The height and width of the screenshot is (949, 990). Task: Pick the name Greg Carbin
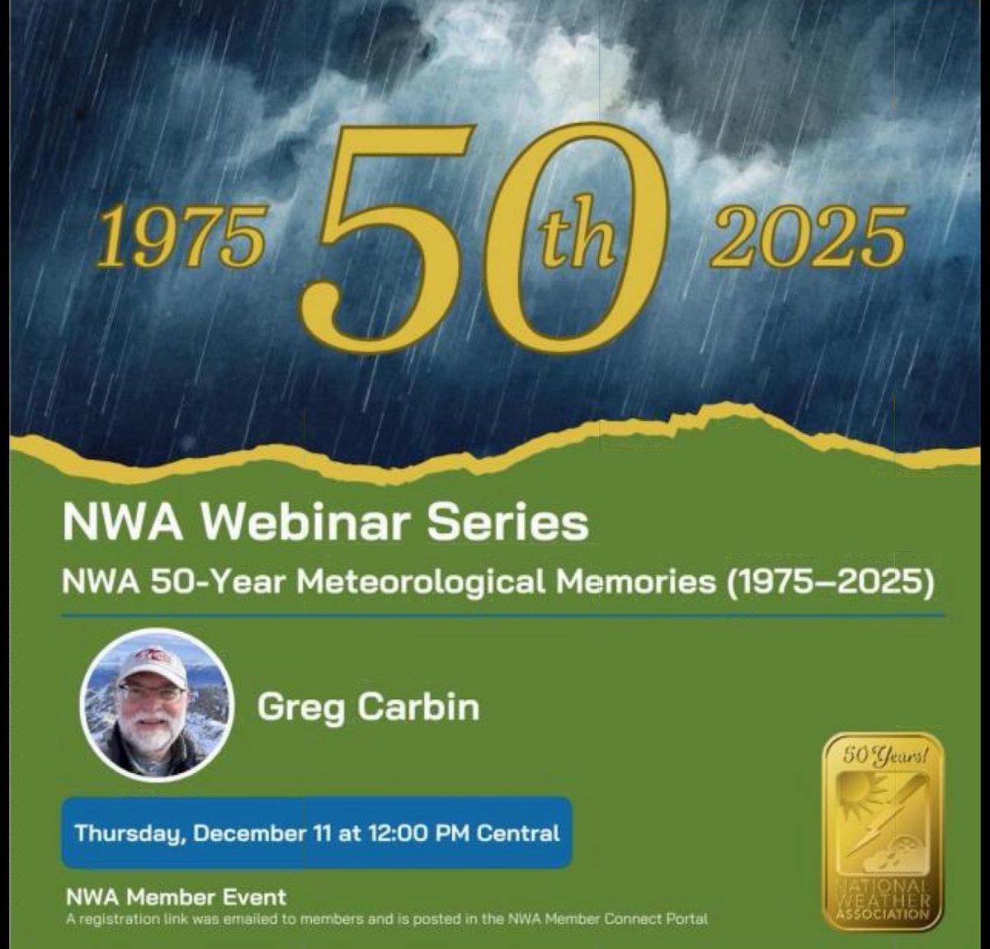[x=368, y=707]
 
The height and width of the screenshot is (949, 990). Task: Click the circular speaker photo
[x=156, y=708]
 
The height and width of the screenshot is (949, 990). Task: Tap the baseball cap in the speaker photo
[x=151, y=664]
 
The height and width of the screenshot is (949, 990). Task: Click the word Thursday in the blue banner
[x=129, y=832]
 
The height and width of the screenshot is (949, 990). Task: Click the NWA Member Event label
[x=179, y=897]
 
